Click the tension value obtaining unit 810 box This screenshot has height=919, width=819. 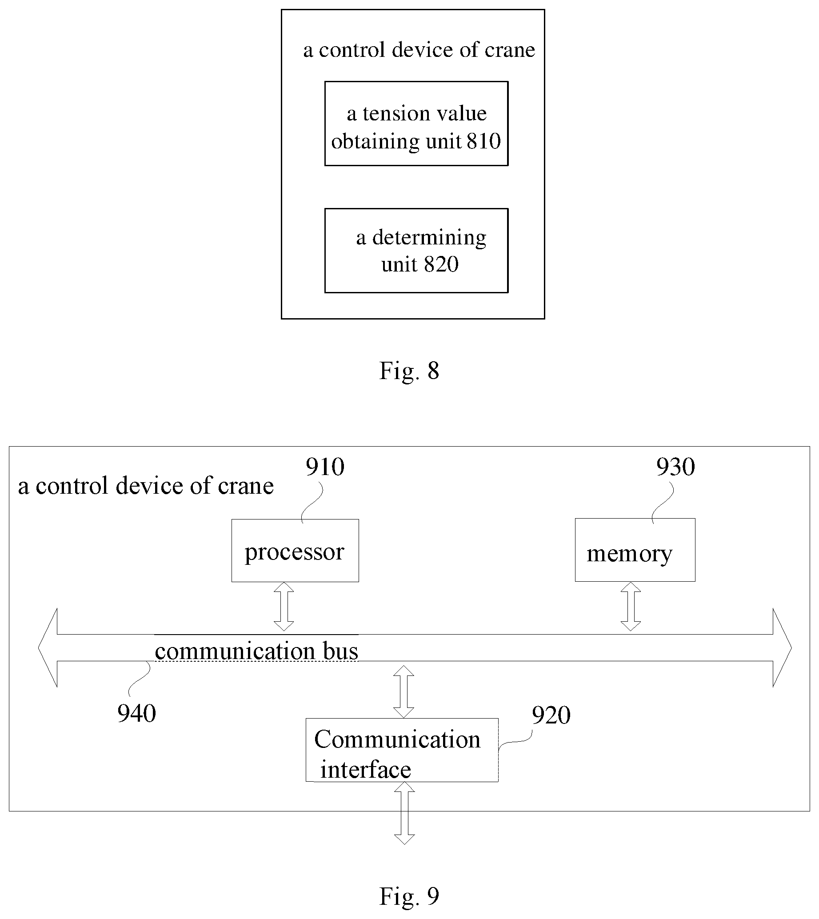tap(416, 123)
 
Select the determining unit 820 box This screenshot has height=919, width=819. tap(416, 250)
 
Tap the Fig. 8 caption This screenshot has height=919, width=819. tap(409, 370)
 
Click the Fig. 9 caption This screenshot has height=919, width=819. tap(409, 895)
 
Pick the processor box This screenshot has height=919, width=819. tap(295, 551)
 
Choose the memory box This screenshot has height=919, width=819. tap(635, 550)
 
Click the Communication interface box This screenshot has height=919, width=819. tap(402, 750)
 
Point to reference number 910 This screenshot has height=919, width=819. tap(325, 467)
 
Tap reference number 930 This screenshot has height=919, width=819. tap(675, 467)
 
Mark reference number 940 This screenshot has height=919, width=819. tap(137, 713)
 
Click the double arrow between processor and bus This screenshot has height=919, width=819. tap(284, 606)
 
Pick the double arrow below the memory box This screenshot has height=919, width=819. tap(631, 606)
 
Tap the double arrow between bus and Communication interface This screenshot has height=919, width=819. tap(404, 691)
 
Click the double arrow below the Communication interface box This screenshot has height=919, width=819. tap(404, 813)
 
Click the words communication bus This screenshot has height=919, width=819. tap(256, 651)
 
